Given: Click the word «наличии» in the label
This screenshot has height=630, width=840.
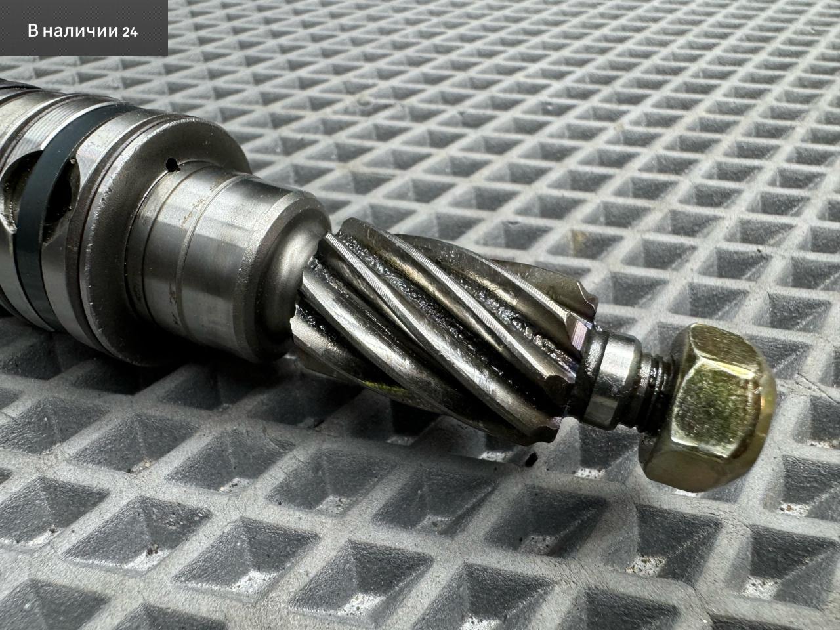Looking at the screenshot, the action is click(x=80, y=31).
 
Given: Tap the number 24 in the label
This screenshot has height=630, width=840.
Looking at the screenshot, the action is click(x=130, y=31).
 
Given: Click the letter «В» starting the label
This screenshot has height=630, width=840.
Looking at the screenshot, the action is click(x=33, y=31).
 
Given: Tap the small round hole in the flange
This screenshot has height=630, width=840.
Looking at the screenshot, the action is click(x=172, y=165).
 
